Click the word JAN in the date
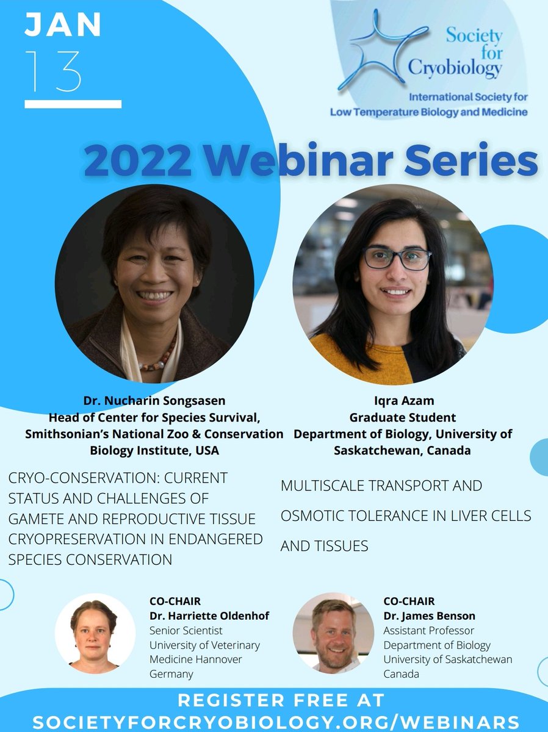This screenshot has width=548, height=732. [x=63, y=26]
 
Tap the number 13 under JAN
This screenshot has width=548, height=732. [x=54, y=72]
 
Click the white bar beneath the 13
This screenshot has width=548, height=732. [x=73, y=104]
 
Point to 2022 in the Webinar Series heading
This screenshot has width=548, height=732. [x=133, y=161]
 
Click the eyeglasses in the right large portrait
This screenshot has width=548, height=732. [x=397, y=257]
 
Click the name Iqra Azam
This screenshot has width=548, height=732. [x=403, y=401]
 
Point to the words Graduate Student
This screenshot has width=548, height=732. [x=403, y=417]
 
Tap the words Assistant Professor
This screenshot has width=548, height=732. [x=428, y=631]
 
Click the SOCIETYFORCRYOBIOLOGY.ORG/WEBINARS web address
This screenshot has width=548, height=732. [x=276, y=722]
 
